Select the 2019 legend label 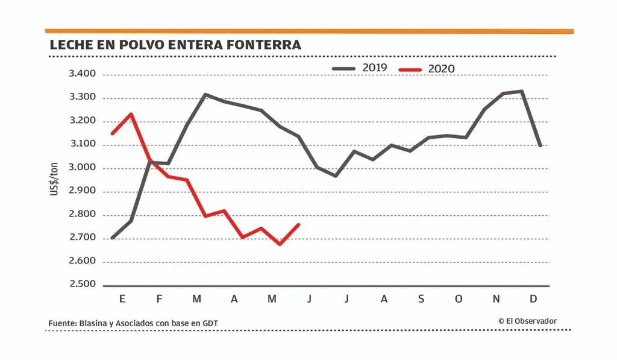[x=374, y=68]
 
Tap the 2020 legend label [x=442, y=68]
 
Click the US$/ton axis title [x=55, y=180]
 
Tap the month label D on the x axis [x=533, y=299]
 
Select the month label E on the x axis [x=123, y=299]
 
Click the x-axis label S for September [x=421, y=299]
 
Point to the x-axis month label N [x=496, y=299]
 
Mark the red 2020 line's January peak [x=131, y=114]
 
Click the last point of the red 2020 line [x=299, y=225]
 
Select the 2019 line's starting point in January [x=113, y=238]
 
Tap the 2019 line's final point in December [x=540, y=145]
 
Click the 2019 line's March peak [x=205, y=94]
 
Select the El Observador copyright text [x=527, y=321]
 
